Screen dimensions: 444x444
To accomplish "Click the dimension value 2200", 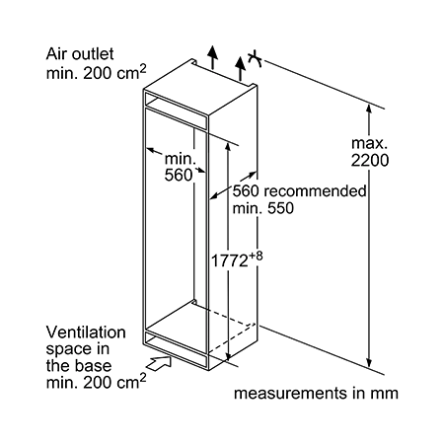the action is [370, 161].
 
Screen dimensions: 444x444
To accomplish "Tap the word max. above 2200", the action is [369, 143].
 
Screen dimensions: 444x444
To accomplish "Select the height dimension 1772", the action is [229, 261].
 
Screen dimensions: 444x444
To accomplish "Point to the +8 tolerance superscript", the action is [256, 256].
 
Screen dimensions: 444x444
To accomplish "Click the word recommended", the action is [315, 190].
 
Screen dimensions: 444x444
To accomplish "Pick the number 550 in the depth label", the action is [280, 208].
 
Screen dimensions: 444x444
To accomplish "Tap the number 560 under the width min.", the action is [179, 175].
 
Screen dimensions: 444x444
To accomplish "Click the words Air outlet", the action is [80, 54].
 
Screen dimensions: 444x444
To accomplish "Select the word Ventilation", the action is [86, 333].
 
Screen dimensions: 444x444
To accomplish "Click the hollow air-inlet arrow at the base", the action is [159, 364].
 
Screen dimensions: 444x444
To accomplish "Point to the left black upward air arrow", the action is [213, 57].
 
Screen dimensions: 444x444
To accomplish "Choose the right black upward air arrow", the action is [241, 69].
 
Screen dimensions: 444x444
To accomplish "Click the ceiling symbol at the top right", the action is [255, 59].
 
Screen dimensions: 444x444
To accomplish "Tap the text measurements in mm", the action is [316, 393].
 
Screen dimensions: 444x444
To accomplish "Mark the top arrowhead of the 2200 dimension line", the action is [369, 109].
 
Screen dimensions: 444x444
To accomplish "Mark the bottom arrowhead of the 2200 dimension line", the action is [369, 362].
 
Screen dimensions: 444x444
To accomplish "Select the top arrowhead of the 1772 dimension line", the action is [228, 147].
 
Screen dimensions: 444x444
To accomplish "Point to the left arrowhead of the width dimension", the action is [151, 151].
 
